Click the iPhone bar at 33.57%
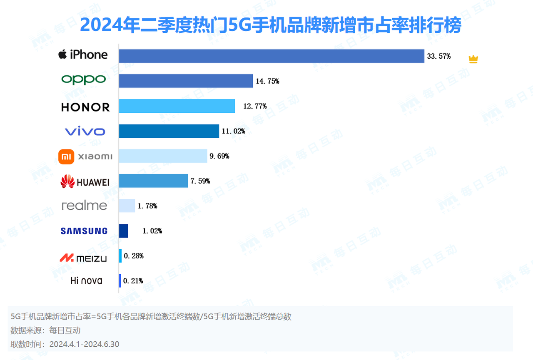[x=271, y=56]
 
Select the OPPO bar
[x=186, y=81]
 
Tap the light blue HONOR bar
[x=177, y=106]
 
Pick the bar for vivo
[x=169, y=131]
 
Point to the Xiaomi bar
[x=163, y=156]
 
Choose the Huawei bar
[x=153, y=181]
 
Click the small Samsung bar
[x=123, y=231]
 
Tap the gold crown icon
[x=473, y=60]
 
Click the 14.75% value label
[x=267, y=81]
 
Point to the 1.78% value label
[x=147, y=206]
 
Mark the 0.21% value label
[x=133, y=281]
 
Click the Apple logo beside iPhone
[x=62, y=54]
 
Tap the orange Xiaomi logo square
[x=66, y=156]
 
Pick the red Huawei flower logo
[x=67, y=181]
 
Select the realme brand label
[x=84, y=206]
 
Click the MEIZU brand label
[x=83, y=258]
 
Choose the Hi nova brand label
[x=86, y=281]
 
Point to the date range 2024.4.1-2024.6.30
[x=84, y=344]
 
